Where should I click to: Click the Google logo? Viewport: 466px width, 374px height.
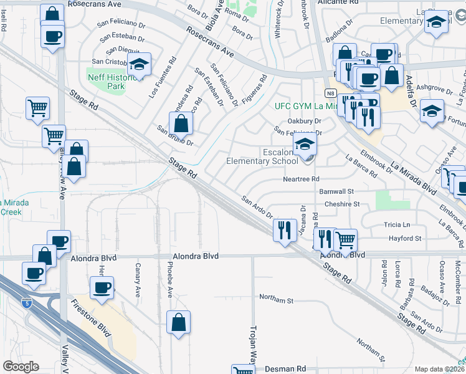[x=21, y=367]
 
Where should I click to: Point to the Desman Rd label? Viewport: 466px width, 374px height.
[x=285, y=369]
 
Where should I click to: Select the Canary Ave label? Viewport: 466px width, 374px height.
[x=138, y=279]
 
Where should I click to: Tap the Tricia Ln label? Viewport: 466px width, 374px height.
[x=399, y=224]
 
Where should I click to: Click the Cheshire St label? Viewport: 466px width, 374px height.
[x=343, y=204]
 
